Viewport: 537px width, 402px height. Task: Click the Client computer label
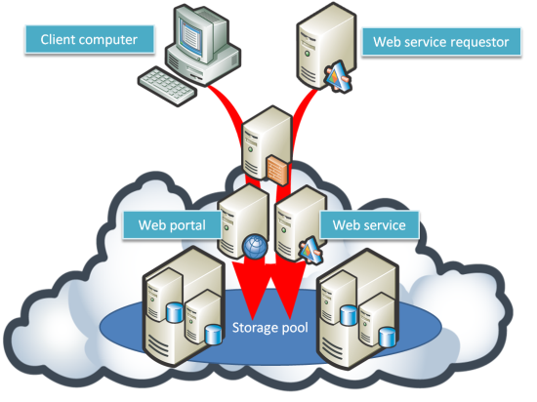click(90, 39)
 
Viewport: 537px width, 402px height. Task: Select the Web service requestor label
click(441, 42)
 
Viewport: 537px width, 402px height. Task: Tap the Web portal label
click(172, 225)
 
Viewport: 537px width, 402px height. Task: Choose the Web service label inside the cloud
click(369, 225)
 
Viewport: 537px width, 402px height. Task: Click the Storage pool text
click(270, 328)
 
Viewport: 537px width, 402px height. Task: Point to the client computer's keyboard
click(168, 86)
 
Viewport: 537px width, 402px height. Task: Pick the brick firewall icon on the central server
click(277, 170)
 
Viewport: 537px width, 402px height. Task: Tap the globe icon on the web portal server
click(255, 246)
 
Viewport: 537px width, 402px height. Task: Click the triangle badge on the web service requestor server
click(339, 76)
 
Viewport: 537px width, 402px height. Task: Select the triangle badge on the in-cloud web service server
click(310, 250)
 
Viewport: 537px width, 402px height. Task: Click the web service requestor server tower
click(325, 46)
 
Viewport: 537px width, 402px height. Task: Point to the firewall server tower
click(268, 143)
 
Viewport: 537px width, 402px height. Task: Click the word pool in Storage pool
click(295, 328)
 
